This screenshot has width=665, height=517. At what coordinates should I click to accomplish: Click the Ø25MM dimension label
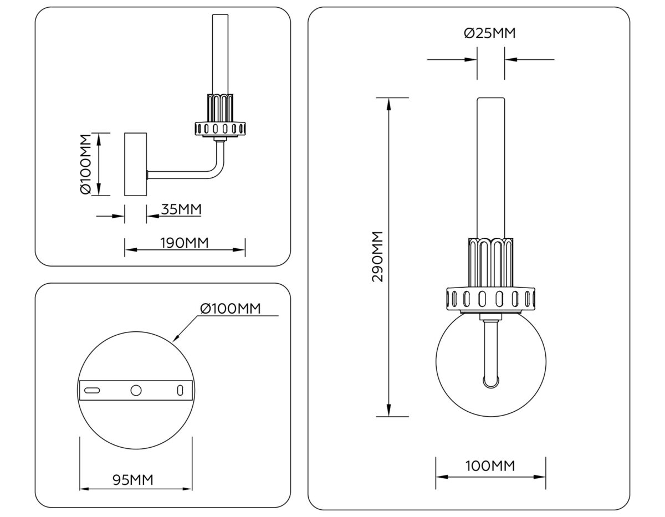pyautogui.click(x=490, y=34)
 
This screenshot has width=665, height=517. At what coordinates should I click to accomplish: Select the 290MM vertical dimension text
pyautogui.click(x=378, y=257)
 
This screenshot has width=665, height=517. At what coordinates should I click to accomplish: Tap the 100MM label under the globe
pyautogui.click(x=490, y=466)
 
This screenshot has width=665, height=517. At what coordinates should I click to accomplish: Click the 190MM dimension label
pyautogui.click(x=185, y=243)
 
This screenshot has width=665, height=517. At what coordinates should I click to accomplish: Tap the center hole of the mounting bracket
pyautogui.click(x=136, y=390)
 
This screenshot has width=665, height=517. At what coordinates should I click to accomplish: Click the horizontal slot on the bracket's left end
pyautogui.click(x=92, y=390)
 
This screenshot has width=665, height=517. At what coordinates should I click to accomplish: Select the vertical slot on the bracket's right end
pyautogui.click(x=180, y=390)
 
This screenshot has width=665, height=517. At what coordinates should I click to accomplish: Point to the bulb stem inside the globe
pyautogui.click(x=490, y=355)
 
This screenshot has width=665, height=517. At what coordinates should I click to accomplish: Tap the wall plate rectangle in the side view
pyautogui.click(x=135, y=164)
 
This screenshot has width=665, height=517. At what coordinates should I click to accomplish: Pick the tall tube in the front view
pyautogui.click(x=491, y=166)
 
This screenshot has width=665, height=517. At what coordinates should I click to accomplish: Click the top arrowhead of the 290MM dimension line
pyautogui.click(x=389, y=103)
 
